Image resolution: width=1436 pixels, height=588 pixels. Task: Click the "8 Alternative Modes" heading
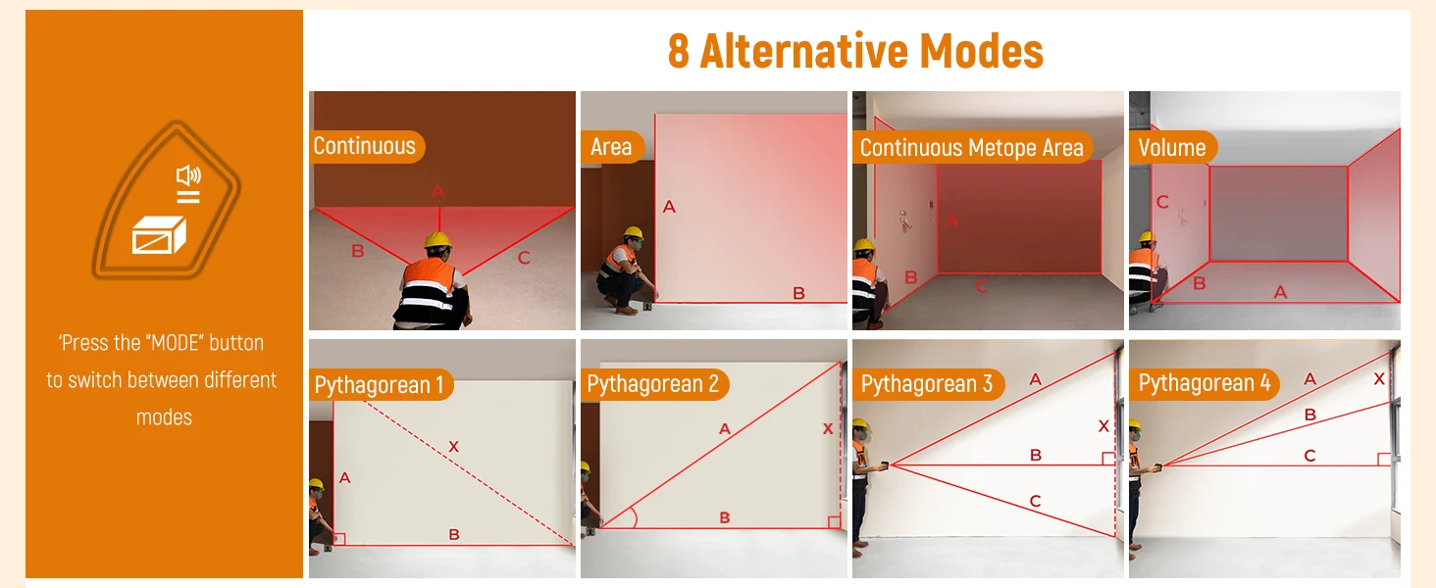(x=855, y=51)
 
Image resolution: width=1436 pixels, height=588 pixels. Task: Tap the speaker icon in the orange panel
(x=188, y=174)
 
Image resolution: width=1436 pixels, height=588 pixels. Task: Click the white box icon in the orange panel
(x=159, y=235)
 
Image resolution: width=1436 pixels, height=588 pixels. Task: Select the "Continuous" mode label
(x=364, y=146)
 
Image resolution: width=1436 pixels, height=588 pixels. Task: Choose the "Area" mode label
(x=611, y=147)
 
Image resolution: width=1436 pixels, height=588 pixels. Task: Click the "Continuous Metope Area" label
(x=971, y=148)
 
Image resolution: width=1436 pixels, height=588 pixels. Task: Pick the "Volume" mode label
(x=1172, y=148)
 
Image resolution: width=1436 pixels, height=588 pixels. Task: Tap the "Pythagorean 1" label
(x=379, y=385)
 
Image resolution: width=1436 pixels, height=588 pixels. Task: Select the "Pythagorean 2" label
(x=652, y=384)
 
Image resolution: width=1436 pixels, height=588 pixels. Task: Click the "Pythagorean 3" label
(x=926, y=384)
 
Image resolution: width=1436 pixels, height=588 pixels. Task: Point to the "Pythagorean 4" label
(x=1204, y=382)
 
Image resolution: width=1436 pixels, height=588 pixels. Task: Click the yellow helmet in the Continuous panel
(x=437, y=240)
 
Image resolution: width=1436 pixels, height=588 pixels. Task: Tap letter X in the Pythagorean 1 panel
(x=454, y=447)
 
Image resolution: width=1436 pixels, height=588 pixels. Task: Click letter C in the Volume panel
(x=1162, y=203)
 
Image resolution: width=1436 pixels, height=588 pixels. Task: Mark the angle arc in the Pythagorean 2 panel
(x=634, y=516)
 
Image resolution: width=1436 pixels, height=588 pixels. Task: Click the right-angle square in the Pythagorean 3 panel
(x=1108, y=459)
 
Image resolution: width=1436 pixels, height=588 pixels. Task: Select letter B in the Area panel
(x=798, y=293)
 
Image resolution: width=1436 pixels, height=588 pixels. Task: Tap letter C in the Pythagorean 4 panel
(x=1309, y=456)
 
